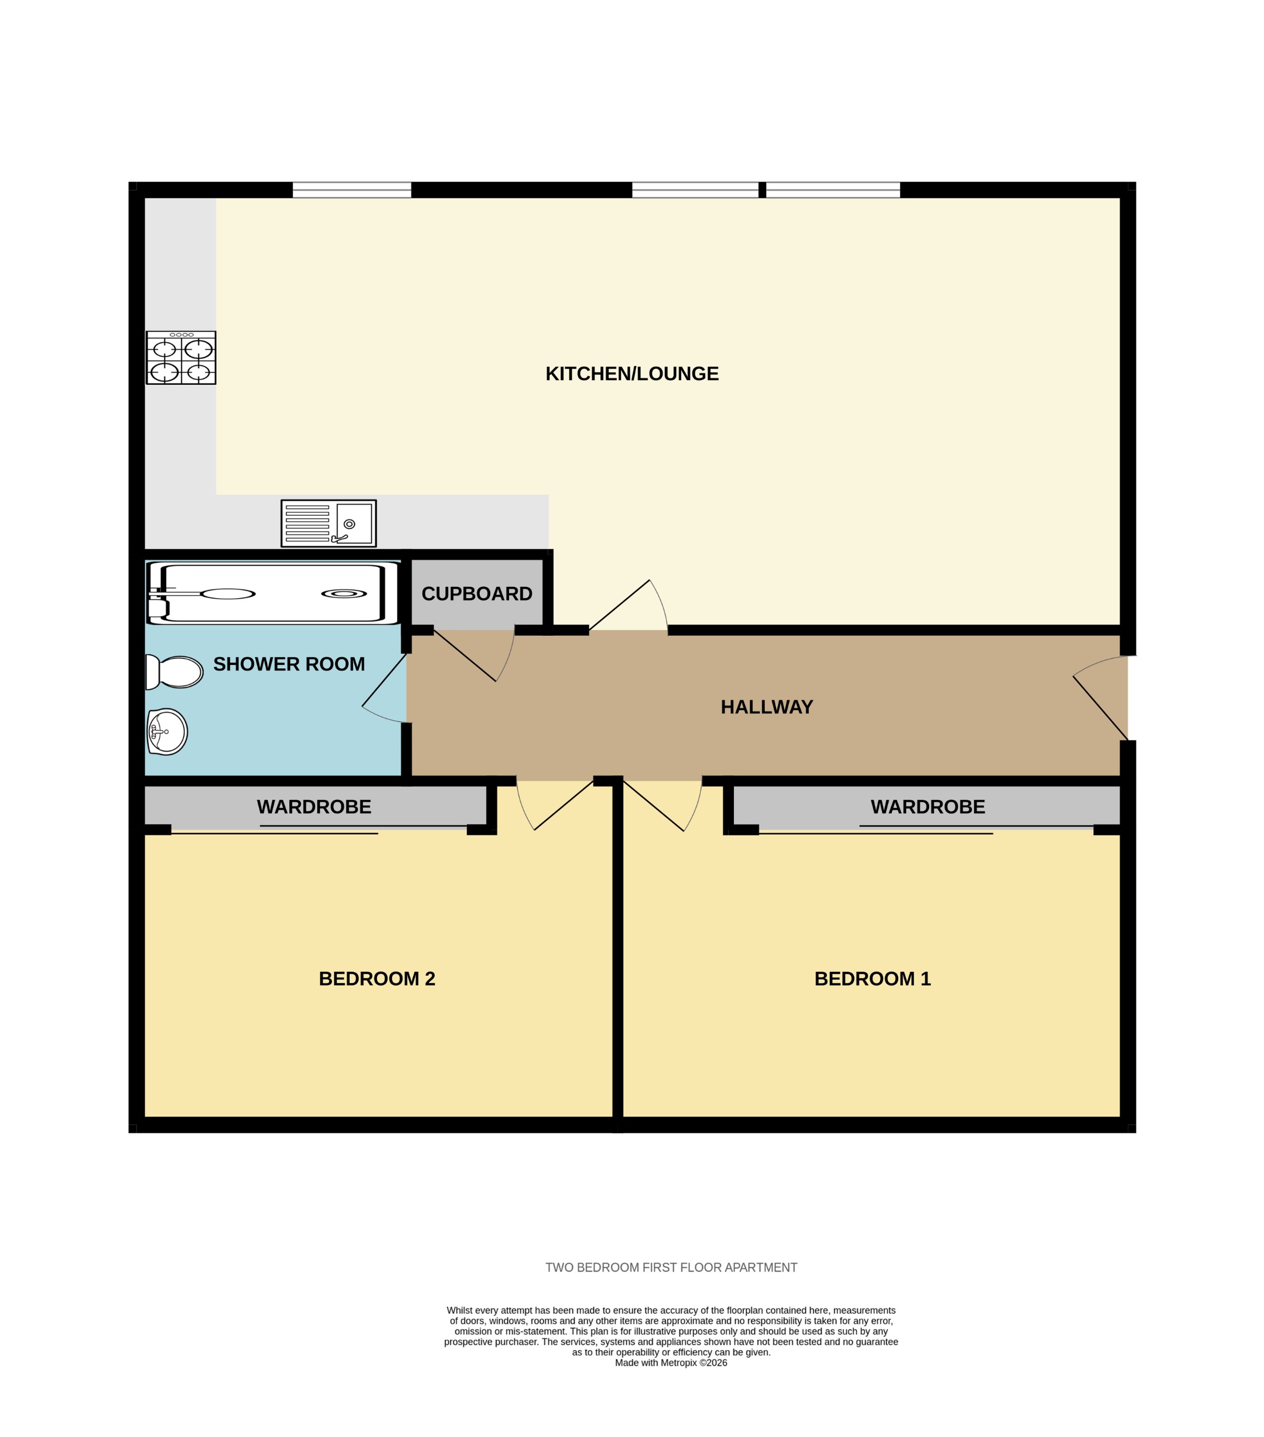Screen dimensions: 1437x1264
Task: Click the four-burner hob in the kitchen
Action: (x=181, y=358)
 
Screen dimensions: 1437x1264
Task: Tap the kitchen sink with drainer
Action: (x=329, y=523)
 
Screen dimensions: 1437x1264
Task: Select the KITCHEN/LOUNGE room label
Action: (x=632, y=374)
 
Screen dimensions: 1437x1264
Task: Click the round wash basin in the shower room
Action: (x=167, y=731)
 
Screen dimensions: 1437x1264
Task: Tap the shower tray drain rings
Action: (x=344, y=594)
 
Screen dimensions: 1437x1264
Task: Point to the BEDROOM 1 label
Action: (x=872, y=979)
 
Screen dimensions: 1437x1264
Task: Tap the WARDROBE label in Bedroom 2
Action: (x=314, y=806)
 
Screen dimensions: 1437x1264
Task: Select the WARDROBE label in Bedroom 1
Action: (x=927, y=806)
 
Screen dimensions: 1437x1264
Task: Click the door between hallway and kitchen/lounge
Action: (x=627, y=606)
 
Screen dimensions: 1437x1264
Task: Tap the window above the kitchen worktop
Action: (x=352, y=189)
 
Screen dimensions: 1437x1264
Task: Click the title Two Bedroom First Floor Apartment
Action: (x=671, y=1267)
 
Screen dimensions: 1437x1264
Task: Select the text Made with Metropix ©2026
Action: (x=671, y=1362)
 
